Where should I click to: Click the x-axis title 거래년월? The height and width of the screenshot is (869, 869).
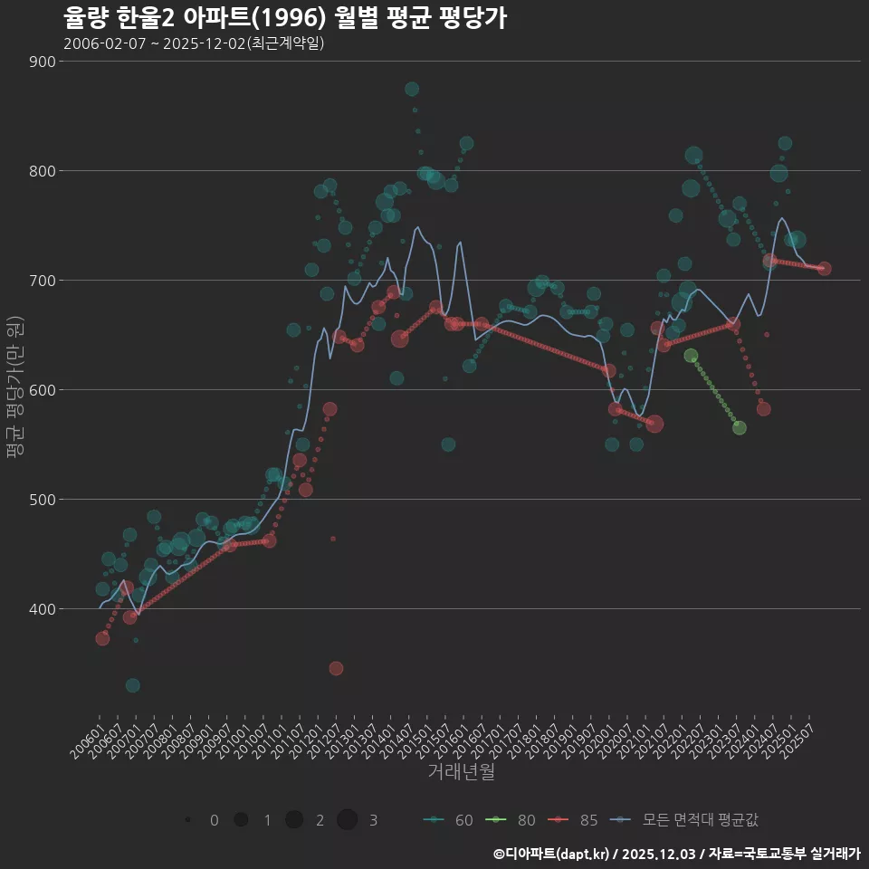461,772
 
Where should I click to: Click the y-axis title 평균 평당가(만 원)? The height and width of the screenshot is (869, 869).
14,389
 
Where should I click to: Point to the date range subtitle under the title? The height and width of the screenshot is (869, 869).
194,43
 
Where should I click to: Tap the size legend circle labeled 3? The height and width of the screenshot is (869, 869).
348,820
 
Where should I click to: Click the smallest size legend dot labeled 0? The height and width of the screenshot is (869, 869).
187,820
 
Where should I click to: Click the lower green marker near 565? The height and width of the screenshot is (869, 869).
740,427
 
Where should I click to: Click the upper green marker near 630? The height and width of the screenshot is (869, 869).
691,356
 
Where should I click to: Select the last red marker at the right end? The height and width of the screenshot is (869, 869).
824,268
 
